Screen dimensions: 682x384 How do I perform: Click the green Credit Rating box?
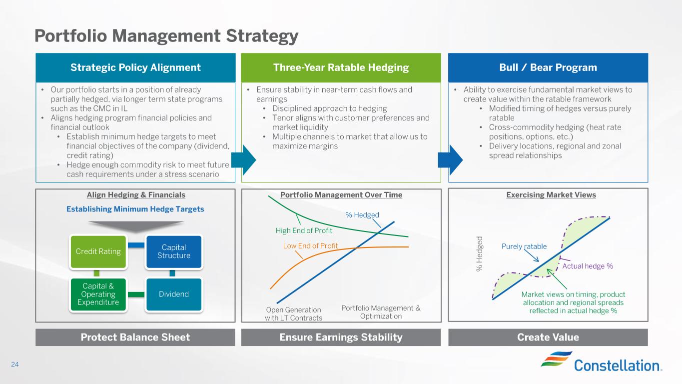(x=98, y=251)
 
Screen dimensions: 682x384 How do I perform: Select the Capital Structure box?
(x=174, y=251)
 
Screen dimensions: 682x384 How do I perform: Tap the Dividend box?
(x=174, y=294)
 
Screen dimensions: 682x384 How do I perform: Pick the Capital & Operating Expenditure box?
(x=98, y=294)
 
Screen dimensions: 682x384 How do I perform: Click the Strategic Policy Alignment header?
(x=135, y=67)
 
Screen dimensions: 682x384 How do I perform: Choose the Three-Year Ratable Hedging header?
(x=341, y=67)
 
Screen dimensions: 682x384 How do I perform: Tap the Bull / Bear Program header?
(x=548, y=67)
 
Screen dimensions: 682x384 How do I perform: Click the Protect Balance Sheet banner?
(x=135, y=337)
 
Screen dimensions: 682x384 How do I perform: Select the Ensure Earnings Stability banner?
(x=341, y=337)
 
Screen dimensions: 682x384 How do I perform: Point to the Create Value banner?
(x=548, y=337)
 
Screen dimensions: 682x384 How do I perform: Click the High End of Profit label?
(x=304, y=230)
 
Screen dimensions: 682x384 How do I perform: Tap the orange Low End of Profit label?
(x=311, y=245)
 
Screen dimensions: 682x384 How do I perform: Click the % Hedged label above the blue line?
(x=362, y=215)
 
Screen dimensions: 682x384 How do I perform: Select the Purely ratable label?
(x=524, y=246)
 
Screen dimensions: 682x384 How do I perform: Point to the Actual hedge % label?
(x=588, y=266)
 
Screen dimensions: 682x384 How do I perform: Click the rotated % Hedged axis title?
(x=479, y=254)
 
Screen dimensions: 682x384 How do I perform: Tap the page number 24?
(x=15, y=364)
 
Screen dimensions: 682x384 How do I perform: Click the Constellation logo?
(x=602, y=361)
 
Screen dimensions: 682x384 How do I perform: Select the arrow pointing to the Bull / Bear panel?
(x=450, y=160)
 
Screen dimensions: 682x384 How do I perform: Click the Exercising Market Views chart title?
(x=551, y=194)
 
